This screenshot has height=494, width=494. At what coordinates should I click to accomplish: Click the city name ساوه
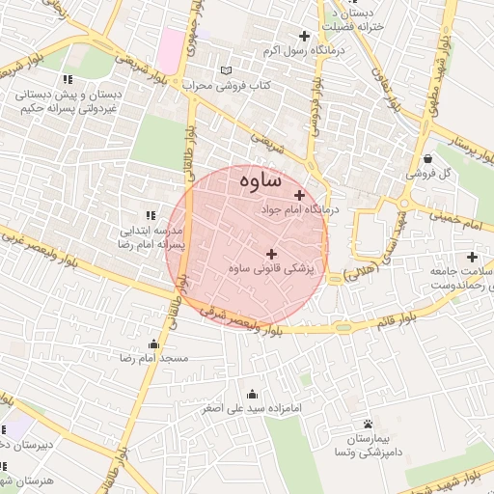(x=256, y=179)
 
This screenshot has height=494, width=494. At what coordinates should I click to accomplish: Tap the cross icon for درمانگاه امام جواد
(x=300, y=195)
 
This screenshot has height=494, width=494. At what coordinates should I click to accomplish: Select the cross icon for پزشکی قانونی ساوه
(x=271, y=253)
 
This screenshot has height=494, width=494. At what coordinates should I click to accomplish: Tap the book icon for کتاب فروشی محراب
(x=227, y=70)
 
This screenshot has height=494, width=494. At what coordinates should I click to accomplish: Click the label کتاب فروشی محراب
(x=227, y=85)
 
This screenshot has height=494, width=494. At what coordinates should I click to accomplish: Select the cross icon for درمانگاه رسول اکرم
(x=305, y=36)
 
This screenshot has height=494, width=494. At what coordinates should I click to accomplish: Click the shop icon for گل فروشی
(x=427, y=159)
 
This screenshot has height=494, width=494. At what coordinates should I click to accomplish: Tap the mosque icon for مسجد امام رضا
(x=153, y=344)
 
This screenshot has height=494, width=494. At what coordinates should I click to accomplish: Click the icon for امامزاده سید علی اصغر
(x=253, y=394)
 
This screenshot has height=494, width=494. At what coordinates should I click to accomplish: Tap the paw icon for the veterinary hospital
(x=368, y=424)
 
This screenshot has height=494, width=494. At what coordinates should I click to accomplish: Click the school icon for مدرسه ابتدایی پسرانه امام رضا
(x=150, y=214)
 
